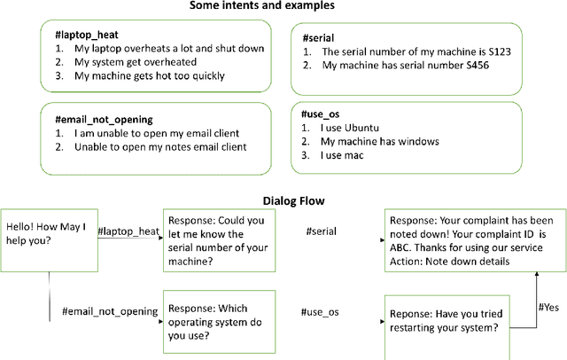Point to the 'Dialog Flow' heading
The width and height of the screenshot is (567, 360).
[x=283, y=200]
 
